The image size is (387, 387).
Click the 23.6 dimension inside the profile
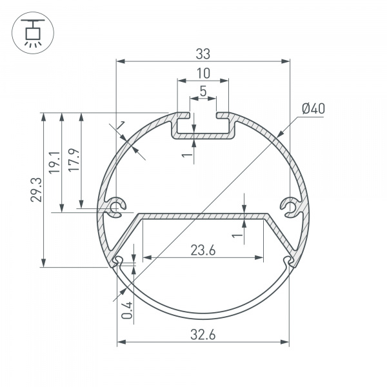[x=203, y=250]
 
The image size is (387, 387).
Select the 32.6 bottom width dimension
[x=203, y=334]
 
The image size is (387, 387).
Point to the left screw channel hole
[x=117, y=208]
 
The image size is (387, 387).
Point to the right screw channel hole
[x=290, y=208]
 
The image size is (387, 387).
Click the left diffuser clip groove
[x=118, y=261]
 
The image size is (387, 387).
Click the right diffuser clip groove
[x=288, y=261]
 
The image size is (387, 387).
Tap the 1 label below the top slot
[x=185, y=154]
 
